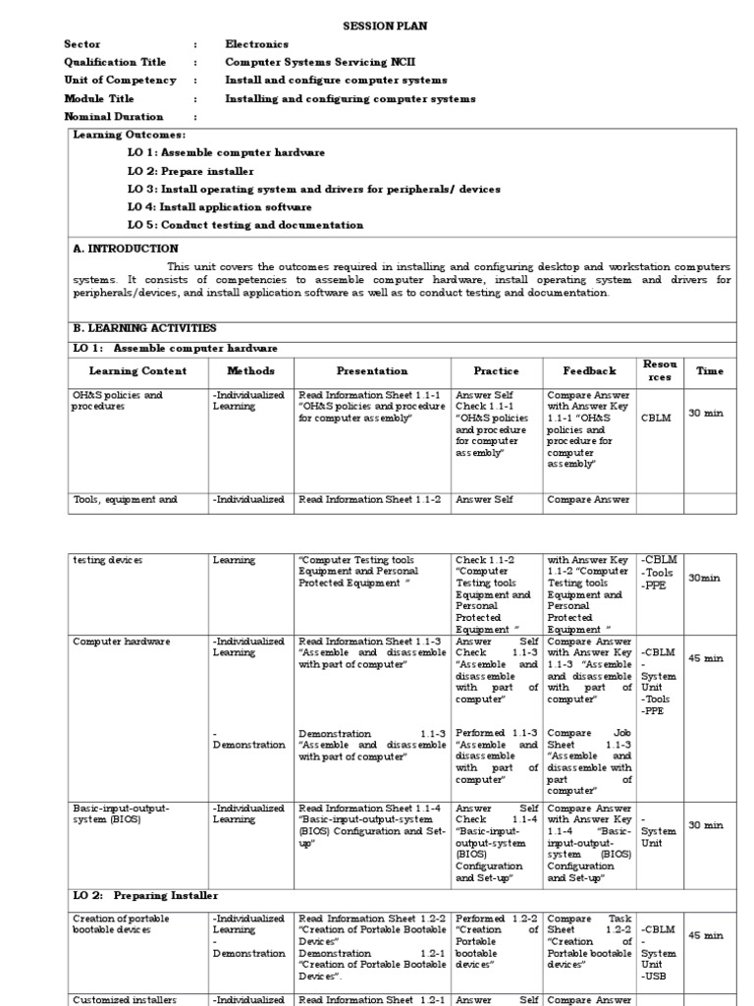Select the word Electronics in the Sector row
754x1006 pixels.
pyautogui.click(x=257, y=43)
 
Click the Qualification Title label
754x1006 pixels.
pyautogui.click(x=115, y=62)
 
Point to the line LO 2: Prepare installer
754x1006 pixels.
pyautogui.click(x=190, y=171)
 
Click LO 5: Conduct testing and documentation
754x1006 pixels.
pyautogui.click(x=245, y=225)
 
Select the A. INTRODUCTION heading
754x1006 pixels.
pyautogui.click(x=126, y=249)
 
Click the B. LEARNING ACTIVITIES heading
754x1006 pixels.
pyautogui.click(x=144, y=328)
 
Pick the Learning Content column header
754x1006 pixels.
pyautogui.click(x=135, y=371)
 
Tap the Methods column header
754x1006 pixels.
pyautogui.click(x=251, y=371)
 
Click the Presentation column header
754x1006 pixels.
pyautogui.click(x=372, y=371)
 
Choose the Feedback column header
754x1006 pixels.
pyautogui.click(x=589, y=371)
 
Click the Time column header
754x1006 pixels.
pyautogui.click(x=709, y=371)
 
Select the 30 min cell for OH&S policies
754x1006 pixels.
pyautogui.click(x=706, y=414)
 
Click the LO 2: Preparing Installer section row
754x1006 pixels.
pyautogui.click(x=145, y=896)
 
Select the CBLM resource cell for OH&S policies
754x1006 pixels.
pyautogui.click(x=656, y=418)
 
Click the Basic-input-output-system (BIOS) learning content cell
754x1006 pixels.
pyautogui.click(x=121, y=813)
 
